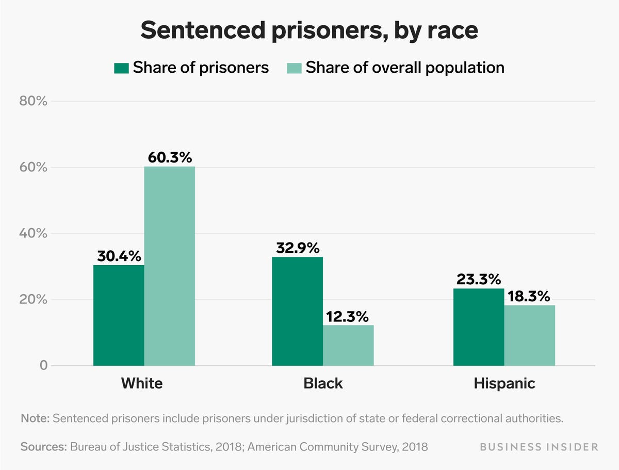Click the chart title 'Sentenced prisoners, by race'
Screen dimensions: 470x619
point(309,30)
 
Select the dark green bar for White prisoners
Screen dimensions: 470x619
point(119,315)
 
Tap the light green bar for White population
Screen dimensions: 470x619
point(170,266)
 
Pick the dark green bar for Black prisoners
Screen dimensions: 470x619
point(297,311)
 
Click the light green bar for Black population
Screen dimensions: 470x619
point(348,345)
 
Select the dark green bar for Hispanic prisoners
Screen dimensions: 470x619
point(478,327)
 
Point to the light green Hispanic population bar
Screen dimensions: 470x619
point(529,335)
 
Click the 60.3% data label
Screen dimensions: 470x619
point(169,157)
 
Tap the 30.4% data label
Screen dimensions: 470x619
point(119,255)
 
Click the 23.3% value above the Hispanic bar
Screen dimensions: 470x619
point(478,279)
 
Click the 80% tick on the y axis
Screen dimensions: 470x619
point(33,101)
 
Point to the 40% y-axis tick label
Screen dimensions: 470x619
point(33,234)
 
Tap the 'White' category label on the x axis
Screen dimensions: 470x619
point(141,383)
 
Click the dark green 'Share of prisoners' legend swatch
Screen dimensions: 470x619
point(121,68)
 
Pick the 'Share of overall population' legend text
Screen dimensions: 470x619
point(405,68)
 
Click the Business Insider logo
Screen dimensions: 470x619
point(539,447)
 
